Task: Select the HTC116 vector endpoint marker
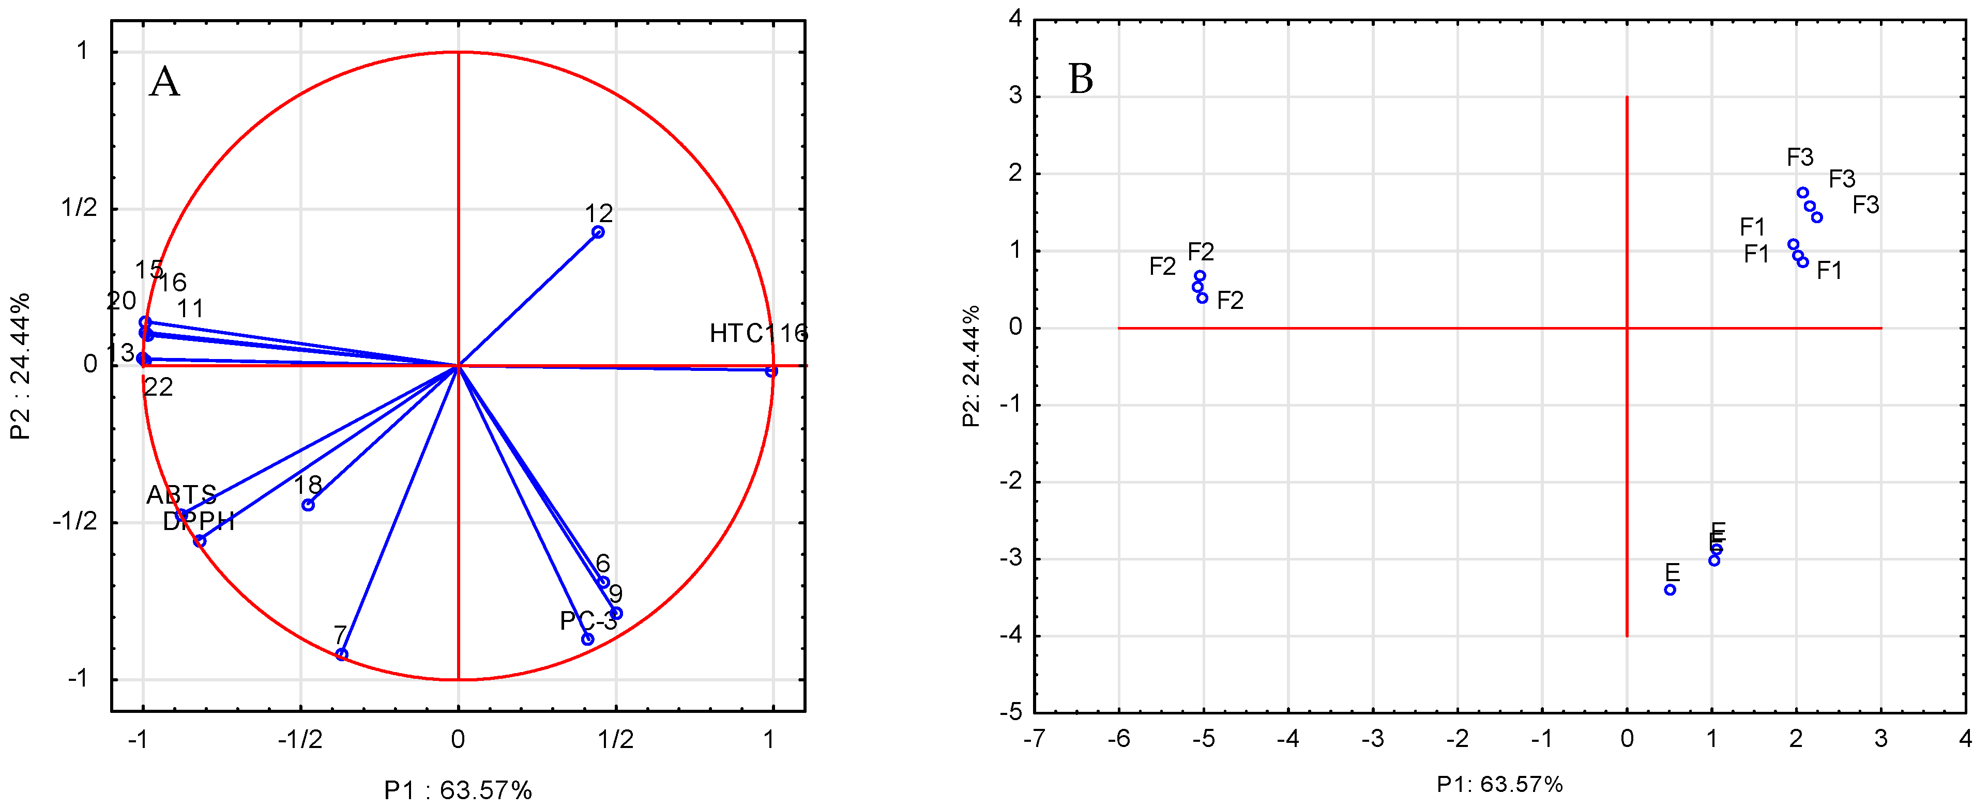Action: pyautogui.click(x=771, y=371)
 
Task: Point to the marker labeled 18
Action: pyautogui.click(x=308, y=505)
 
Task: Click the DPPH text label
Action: pyautogui.click(x=199, y=522)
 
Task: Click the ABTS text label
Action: pyautogui.click(x=181, y=494)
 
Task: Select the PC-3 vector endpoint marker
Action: pyautogui.click(x=587, y=638)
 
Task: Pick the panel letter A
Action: pyautogui.click(x=164, y=82)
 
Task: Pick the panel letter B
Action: pyautogui.click(x=1081, y=79)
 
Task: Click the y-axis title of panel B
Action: pyautogui.click(x=971, y=366)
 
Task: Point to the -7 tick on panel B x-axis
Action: pyautogui.click(x=1034, y=739)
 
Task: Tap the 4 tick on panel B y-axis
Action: pyautogui.click(x=1015, y=19)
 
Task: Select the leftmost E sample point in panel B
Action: pyautogui.click(x=1670, y=589)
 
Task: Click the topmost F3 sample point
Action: pyautogui.click(x=1803, y=193)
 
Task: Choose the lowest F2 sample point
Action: pyautogui.click(x=1203, y=298)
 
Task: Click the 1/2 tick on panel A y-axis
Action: pyautogui.click(x=80, y=208)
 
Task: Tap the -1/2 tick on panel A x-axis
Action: pyautogui.click(x=300, y=740)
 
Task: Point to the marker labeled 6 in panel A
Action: pyautogui.click(x=603, y=582)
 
